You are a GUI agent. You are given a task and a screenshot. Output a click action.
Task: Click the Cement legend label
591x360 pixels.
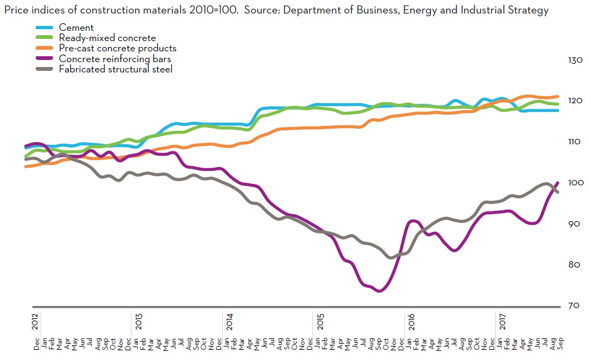(x=76, y=28)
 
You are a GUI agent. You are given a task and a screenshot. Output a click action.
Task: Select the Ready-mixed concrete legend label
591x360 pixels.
(x=107, y=38)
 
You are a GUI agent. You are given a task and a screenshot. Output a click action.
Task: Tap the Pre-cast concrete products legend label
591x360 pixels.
(x=117, y=48)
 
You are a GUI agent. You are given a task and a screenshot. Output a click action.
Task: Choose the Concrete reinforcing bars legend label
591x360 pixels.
(x=115, y=58)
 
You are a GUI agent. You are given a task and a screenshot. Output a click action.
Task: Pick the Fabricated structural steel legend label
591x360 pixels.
(x=115, y=69)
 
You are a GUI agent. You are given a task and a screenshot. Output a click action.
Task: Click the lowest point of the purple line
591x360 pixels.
(x=379, y=291)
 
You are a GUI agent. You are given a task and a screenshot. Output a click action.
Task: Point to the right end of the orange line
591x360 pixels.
(x=557, y=97)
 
